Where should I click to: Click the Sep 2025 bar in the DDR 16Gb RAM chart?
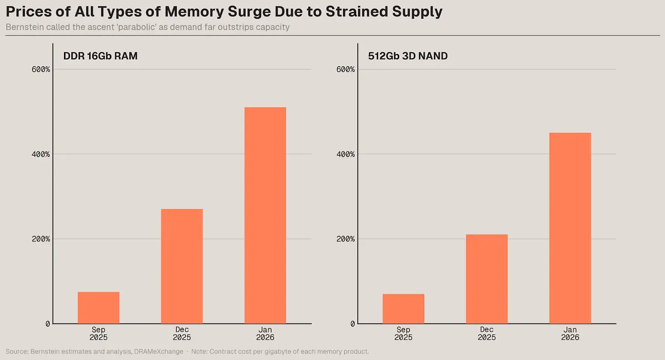coord(98,308)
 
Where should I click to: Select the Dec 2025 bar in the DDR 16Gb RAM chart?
coord(182,266)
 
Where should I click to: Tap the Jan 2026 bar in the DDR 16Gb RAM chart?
coord(265,216)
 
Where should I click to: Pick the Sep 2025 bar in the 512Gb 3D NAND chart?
coord(403,309)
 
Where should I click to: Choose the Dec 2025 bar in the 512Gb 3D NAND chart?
coord(486,279)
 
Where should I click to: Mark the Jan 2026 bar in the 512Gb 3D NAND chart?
coord(570,228)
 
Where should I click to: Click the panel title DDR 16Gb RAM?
coord(100,56)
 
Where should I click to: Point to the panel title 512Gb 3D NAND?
coord(408,56)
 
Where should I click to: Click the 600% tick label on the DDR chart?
coord(41,69)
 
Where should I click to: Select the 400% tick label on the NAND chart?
coord(346,154)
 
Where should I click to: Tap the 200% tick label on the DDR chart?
coord(41,239)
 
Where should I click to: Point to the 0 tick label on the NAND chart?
coord(352,324)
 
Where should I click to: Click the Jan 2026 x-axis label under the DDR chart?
coord(265,334)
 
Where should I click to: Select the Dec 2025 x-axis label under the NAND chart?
coord(486,334)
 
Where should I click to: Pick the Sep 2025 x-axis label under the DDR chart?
coord(98,334)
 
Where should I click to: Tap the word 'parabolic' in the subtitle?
coord(137,27)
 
